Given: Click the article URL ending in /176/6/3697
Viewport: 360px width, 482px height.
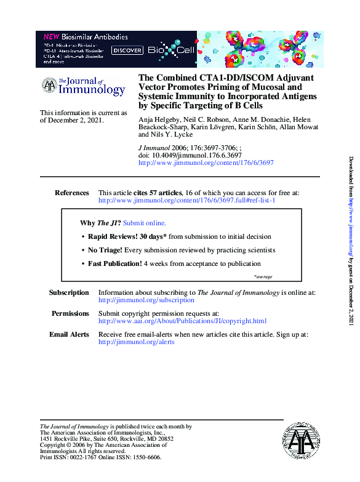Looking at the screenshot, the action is (x=206, y=163).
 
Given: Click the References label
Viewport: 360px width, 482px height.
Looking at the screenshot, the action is (x=71, y=193).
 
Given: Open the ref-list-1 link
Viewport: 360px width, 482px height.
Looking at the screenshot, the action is (x=186, y=201).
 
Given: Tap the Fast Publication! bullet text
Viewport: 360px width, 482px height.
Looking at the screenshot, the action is (x=115, y=263).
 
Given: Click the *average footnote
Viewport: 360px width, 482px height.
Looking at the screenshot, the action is (x=263, y=277).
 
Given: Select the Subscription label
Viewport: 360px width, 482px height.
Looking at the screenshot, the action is (x=69, y=292).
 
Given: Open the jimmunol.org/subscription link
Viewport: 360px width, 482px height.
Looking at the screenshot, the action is (x=146, y=300).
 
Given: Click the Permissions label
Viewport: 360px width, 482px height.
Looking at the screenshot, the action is (x=70, y=313).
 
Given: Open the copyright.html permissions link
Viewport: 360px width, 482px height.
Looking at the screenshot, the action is (x=182, y=321).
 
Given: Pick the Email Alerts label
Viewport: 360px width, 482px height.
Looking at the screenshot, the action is (x=69, y=334).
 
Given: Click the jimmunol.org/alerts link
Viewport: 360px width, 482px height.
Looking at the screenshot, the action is (x=136, y=342).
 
